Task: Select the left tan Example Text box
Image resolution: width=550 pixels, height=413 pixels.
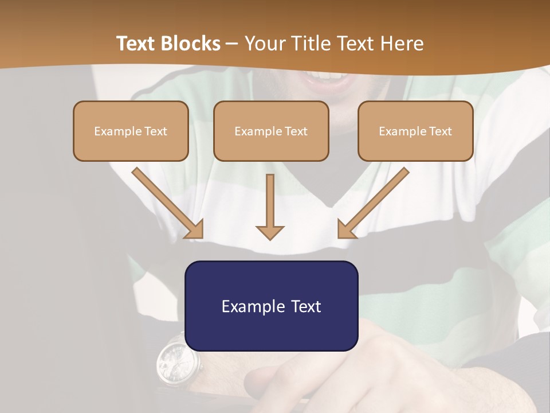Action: coord(131,131)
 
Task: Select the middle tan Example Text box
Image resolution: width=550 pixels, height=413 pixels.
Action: coord(271,131)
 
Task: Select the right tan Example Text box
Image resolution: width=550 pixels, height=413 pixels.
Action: coord(415,131)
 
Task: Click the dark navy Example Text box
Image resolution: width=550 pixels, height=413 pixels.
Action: coord(271,306)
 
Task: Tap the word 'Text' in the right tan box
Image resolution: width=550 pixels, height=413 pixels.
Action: coord(441,131)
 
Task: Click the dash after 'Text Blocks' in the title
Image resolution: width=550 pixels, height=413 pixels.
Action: coord(232,44)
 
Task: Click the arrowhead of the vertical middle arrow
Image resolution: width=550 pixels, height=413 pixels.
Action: coord(270,232)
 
